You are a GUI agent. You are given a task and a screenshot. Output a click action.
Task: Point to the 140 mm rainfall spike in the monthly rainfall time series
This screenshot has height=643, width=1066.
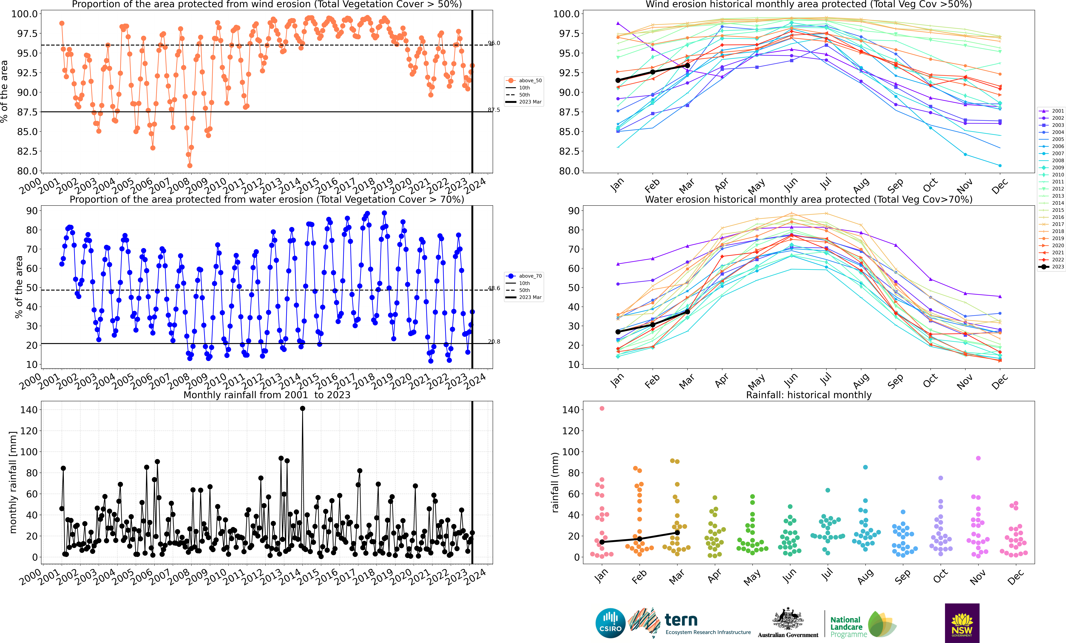coord(302,408)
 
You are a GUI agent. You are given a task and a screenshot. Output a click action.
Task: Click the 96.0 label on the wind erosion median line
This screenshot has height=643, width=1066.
coord(494,43)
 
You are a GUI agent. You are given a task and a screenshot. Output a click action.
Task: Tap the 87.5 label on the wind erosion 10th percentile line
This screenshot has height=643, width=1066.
coord(494,110)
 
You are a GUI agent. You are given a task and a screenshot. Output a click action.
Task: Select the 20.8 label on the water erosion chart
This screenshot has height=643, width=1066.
coord(494,342)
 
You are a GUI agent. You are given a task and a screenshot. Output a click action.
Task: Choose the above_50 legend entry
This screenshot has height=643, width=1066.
coord(523,80)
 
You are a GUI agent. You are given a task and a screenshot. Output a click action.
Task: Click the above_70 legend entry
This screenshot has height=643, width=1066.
coord(523,276)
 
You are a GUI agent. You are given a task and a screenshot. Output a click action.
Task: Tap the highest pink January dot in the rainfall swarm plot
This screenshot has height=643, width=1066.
coord(602,408)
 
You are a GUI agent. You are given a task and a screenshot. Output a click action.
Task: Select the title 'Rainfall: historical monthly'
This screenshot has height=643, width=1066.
coord(809,395)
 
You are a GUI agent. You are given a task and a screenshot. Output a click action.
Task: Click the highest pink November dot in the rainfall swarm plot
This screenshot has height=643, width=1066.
coord(978,458)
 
